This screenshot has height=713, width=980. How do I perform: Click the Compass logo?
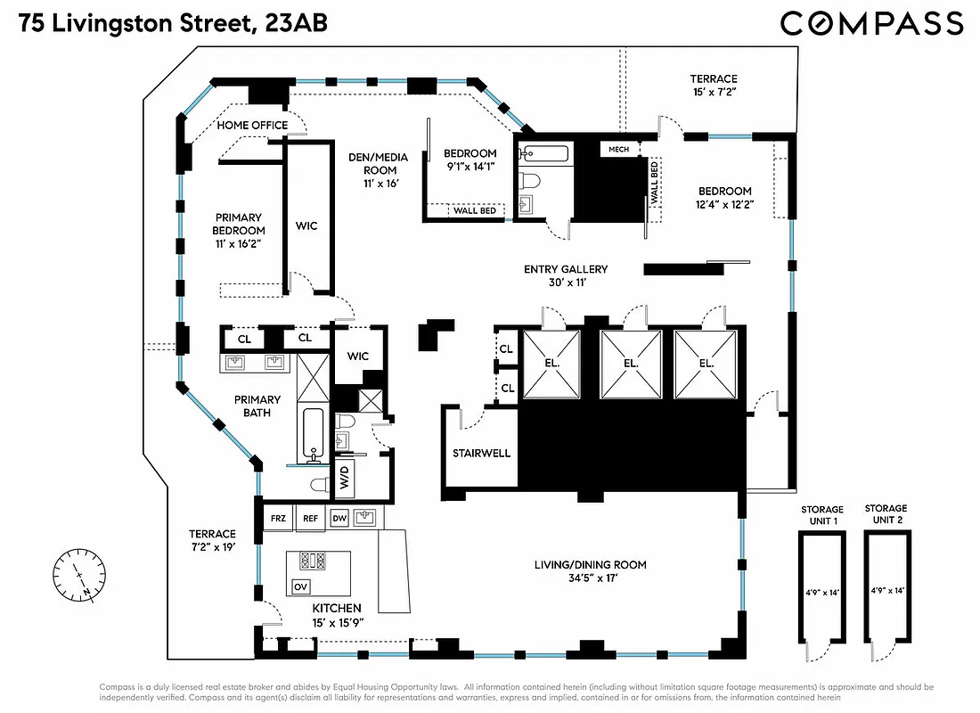[871, 22]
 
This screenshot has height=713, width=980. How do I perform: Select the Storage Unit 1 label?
[821, 515]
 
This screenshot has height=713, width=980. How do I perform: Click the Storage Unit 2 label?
[886, 514]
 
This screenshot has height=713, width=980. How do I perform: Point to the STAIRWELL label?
[482, 453]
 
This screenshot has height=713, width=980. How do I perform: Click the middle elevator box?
[631, 364]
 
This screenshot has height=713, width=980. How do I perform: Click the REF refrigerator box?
[310, 517]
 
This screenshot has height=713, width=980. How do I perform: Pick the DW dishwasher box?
[339, 517]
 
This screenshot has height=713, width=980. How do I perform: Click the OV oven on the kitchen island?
[300, 586]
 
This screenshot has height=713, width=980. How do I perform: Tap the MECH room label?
[619, 149]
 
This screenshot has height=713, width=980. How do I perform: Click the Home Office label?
[253, 126]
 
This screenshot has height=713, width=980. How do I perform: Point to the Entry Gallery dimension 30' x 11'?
[566, 283]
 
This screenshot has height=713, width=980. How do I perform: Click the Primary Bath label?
[257, 406]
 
